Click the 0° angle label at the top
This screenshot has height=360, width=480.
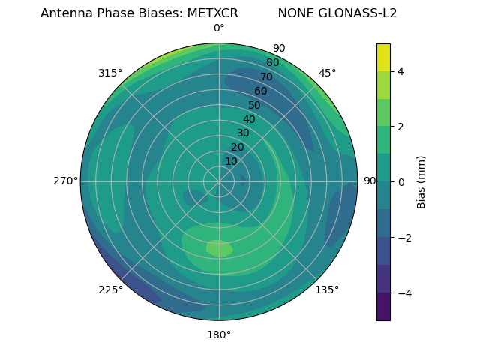tap(219, 28)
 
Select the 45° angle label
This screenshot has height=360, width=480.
tap(327, 73)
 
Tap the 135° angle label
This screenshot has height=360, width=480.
tap(327, 289)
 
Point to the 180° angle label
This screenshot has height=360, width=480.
tap(219, 334)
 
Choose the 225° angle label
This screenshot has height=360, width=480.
tap(110, 289)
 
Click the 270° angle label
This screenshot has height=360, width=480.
tap(65, 181)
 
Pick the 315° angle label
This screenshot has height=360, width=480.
tap(110, 73)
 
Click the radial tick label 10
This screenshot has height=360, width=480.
tap(231, 161)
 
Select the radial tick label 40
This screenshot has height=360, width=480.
tap(249, 119)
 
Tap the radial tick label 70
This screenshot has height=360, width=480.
tap(266, 76)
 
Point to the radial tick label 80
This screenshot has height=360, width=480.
tap(272, 62)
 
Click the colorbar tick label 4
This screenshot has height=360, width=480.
tap(401, 71)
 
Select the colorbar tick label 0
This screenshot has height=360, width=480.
tap(401, 181)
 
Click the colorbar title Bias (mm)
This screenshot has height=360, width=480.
tap(421, 181)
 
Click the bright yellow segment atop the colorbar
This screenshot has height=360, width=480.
tap(383, 57)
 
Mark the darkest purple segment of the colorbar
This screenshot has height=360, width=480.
tap(383, 306)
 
